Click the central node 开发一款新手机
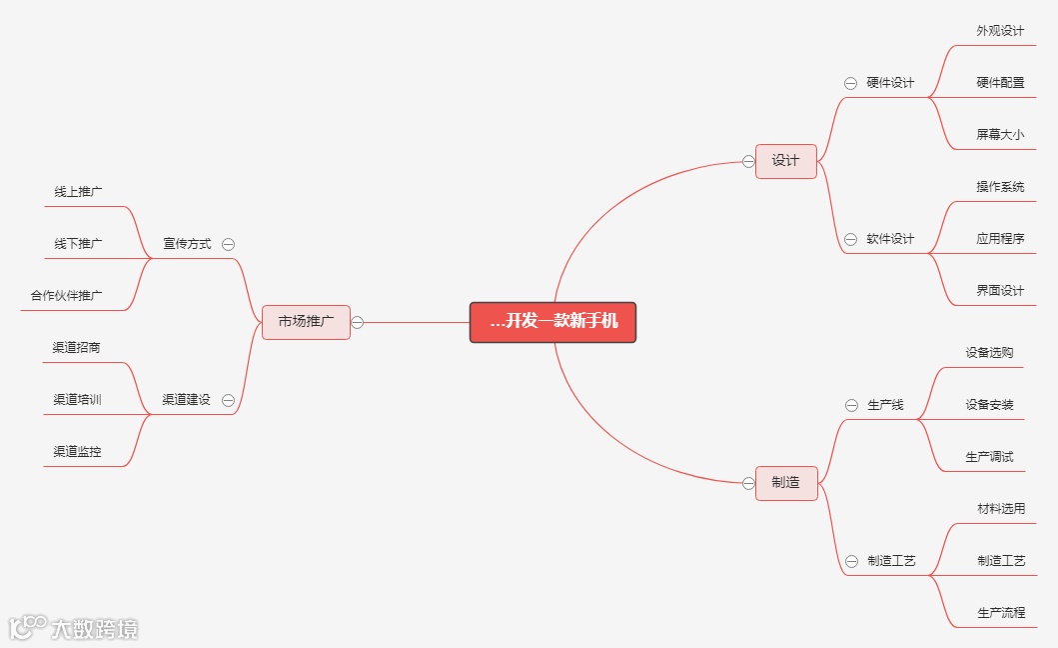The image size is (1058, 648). point(552,322)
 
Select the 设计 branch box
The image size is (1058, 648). point(786,161)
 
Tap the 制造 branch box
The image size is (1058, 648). point(786,483)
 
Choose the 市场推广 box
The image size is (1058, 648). point(306,322)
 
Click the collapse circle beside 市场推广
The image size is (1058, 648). point(357,322)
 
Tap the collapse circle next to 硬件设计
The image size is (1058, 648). point(850,83)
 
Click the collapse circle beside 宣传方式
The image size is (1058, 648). point(228,244)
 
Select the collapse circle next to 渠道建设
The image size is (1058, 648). point(228,400)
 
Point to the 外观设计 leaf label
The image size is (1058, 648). point(1000,31)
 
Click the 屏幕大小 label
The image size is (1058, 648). point(1000,135)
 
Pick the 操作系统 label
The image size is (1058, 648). point(1000,187)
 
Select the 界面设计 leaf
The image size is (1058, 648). point(1000,291)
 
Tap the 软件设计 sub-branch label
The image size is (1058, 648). point(890,239)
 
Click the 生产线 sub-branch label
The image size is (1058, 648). point(885,405)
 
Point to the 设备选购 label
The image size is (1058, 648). point(989,353)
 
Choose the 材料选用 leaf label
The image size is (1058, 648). point(1001,509)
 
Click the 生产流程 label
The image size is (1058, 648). point(1001,613)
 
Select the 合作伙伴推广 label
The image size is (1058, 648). point(66,296)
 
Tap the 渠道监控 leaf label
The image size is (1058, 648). point(77,452)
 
